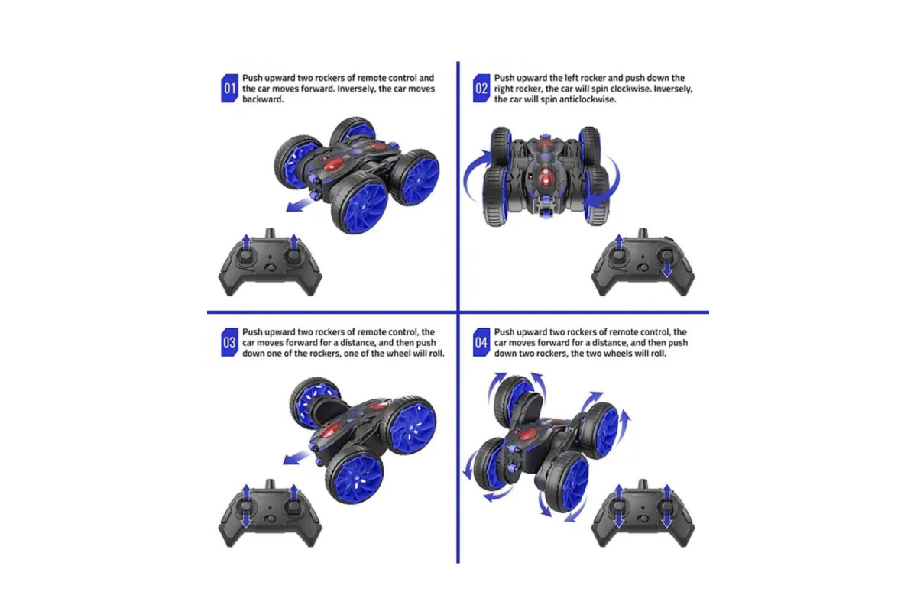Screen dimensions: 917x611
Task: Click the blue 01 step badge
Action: (229, 89)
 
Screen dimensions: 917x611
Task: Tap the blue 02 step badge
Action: (481, 89)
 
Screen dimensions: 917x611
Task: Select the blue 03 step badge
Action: (229, 342)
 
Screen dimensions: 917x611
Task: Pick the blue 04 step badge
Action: (481, 342)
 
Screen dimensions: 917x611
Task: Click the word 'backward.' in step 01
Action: (262, 99)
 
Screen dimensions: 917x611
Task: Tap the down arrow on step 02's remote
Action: (667, 266)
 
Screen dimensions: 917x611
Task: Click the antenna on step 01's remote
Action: (270, 233)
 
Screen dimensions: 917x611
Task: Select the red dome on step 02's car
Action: (545, 176)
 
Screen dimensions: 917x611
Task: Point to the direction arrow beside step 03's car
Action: (296, 457)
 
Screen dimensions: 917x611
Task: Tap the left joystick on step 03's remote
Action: (246, 506)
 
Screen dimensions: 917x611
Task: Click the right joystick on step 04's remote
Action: (666, 506)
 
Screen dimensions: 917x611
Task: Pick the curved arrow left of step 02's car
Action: (475, 175)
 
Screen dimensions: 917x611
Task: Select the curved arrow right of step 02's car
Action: (606, 182)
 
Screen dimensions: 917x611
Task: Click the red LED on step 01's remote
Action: (270, 257)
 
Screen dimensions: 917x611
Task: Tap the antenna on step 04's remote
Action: (643, 484)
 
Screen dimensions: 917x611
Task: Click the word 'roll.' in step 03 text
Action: (436, 354)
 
